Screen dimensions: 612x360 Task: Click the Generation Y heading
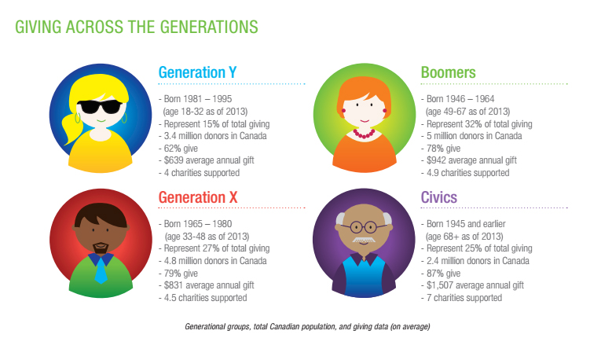pyautogui.click(x=197, y=72)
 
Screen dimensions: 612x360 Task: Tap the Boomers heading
pyautogui.click(x=448, y=72)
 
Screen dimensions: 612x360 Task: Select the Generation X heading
pyautogui.click(x=198, y=197)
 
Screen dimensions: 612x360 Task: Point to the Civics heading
pyautogui.click(x=438, y=197)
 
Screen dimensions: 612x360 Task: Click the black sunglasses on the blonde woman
pyautogui.click(x=100, y=107)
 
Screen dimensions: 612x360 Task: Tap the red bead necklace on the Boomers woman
pyautogui.click(x=365, y=134)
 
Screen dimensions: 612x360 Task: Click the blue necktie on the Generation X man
pyautogui.click(x=101, y=270)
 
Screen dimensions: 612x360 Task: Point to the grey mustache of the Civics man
pyautogui.click(x=364, y=240)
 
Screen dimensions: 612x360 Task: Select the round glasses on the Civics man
pyautogui.click(x=364, y=227)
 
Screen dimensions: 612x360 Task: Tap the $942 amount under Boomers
pyautogui.click(x=435, y=160)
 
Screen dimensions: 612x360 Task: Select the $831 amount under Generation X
pyautogui.click(x=173, y=285)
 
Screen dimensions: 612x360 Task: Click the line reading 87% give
pyautogui.click(x=443, y=274)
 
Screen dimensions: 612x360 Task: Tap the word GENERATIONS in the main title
pyautogui.click(x=209, y=27)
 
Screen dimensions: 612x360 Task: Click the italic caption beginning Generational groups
pyautogui.click(x=307, y=326)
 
